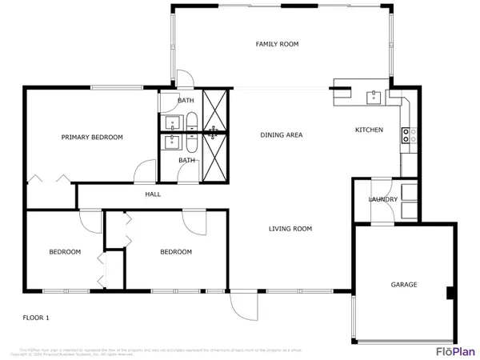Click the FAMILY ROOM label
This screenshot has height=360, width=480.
[277, 44]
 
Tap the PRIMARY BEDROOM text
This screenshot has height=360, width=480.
[93, 138]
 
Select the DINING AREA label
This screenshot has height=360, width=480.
[282, 135]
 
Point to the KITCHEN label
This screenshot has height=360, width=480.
[369, 130]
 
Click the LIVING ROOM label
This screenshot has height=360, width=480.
[290, 229]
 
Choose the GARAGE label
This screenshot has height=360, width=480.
[404, 285]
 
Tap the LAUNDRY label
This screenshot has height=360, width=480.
[383, 199]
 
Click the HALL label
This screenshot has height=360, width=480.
[153, 194]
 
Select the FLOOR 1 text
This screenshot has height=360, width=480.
[36, 318]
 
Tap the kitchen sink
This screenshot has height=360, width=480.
[373, 98]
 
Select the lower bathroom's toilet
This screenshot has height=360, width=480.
[192, 142]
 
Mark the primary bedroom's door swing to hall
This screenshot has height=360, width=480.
[146, 172]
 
